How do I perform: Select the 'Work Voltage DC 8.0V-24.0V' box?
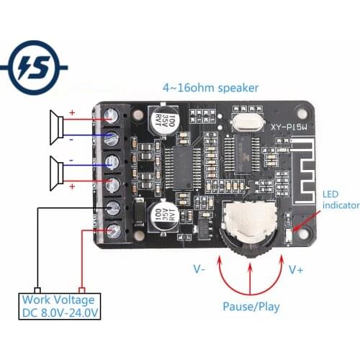60,306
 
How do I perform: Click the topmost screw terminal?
112,114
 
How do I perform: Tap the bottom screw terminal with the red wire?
113,232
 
